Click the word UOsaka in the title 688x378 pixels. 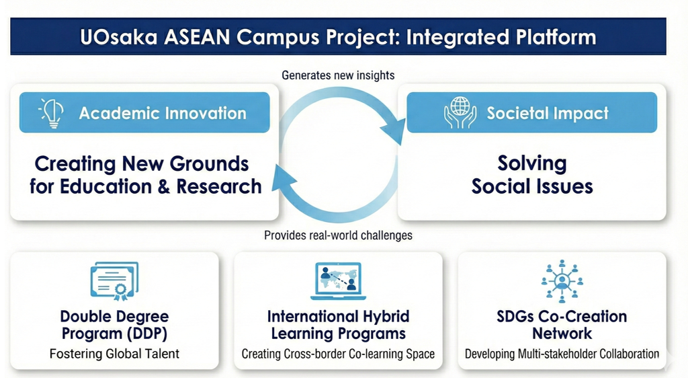point(118,37)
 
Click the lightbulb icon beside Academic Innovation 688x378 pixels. point(52,112)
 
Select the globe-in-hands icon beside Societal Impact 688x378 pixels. point(460,112)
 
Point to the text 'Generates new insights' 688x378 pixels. point(338,75)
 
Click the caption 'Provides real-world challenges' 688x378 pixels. point(338,235)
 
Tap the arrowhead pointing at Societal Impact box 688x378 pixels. point(394,130)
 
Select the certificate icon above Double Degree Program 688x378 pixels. point(114,281)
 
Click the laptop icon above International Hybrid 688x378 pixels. point(338,281)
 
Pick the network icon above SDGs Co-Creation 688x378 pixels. point(562,281)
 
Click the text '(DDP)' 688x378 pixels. point(147,334)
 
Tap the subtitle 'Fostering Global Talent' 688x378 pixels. point(114,354)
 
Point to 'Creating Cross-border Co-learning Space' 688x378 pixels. point(338,354)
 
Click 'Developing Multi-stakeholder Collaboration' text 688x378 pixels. point(562,354)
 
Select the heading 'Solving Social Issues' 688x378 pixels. point(532,175)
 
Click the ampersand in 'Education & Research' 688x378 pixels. point(163,186)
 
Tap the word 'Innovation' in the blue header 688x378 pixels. point(205,113)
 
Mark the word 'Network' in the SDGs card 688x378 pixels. point(562,334)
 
